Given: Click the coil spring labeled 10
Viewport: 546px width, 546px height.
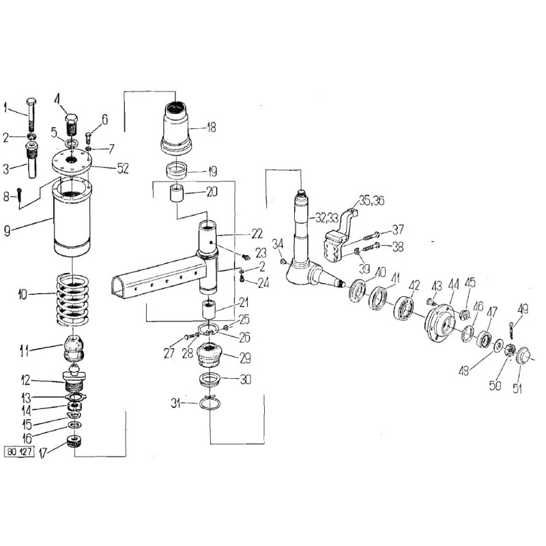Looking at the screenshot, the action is (72, 300).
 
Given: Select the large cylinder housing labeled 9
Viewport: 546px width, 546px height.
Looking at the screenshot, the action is (72, 216).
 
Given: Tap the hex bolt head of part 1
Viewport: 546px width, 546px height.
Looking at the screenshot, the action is (31, 102).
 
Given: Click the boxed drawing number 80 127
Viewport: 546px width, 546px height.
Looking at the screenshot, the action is (20, 452).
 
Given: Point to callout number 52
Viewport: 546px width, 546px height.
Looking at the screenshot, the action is (123, 169).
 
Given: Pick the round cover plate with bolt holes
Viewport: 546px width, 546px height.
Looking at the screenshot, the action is (72, 160).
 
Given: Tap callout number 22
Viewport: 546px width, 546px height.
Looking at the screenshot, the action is (257, 233).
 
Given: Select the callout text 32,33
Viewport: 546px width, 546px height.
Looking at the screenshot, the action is (327, 218).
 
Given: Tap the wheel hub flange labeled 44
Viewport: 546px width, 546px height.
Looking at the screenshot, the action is (440, 322).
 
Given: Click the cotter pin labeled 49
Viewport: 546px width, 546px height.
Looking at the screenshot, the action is (511, 331).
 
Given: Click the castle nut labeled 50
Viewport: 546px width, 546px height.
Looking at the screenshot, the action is (509, 350).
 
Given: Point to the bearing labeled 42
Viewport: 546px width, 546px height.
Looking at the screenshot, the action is (404, 306).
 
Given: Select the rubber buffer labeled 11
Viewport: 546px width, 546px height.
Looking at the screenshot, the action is (73, 349).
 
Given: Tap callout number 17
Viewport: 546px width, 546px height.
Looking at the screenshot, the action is (43, 453).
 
